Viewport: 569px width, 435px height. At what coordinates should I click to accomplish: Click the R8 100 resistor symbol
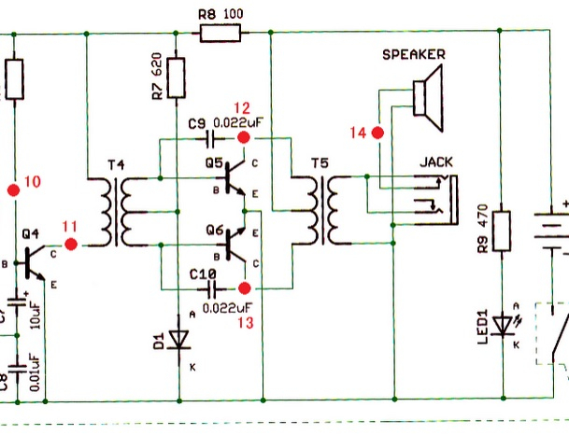pos(220,34)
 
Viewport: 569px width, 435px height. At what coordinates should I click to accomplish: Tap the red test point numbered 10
pos(13,190)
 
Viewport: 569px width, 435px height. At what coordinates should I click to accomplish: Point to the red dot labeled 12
pos(245,136)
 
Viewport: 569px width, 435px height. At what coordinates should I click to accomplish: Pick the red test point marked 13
pos(245,288)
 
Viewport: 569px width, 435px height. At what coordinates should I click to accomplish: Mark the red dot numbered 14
pos(378,133)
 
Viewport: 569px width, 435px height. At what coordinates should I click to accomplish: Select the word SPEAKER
pos(413,55)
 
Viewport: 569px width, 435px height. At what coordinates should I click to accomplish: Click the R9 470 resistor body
pos(501,232)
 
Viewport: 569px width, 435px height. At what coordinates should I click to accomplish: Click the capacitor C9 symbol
pos(209,137)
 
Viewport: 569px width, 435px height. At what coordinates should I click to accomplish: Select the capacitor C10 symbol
pos(209,288)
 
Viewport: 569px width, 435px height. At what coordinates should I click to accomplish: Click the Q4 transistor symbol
pos(34,259)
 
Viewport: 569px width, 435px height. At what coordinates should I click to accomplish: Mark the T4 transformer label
pos(116,165)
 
